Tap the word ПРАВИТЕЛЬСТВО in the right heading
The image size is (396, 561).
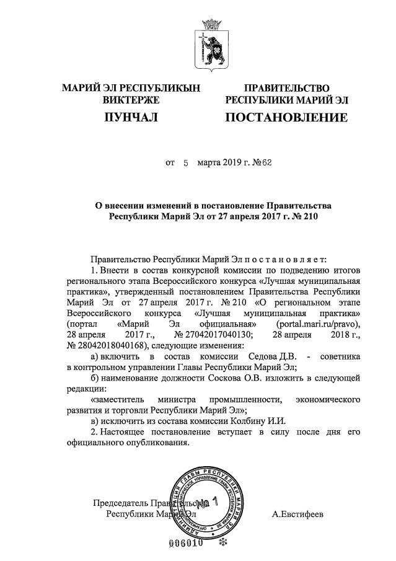pyautogui.click(x=286, y=89)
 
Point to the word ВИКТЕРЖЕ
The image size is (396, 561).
pyautogui.click(x=131, y=100)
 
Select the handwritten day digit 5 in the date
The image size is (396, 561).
pyautogui.click(x=185, y=164)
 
